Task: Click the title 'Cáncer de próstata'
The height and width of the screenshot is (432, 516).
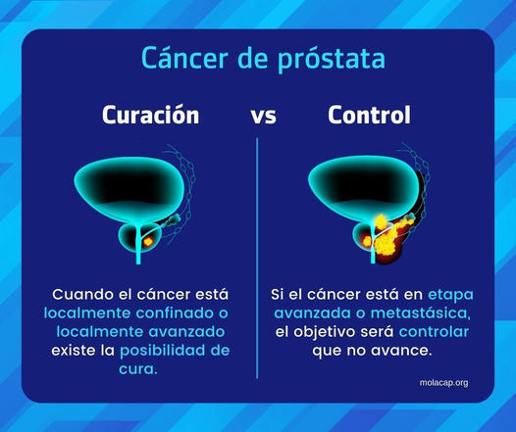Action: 257,58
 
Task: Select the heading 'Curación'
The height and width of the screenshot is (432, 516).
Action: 150,116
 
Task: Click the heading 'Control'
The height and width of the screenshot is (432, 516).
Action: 368,116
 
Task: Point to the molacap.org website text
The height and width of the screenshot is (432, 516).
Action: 440,382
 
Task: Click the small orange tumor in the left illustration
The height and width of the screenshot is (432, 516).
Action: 149,237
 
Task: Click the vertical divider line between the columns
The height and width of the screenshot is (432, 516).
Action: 258,255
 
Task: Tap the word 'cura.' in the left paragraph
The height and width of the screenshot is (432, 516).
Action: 136,369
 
